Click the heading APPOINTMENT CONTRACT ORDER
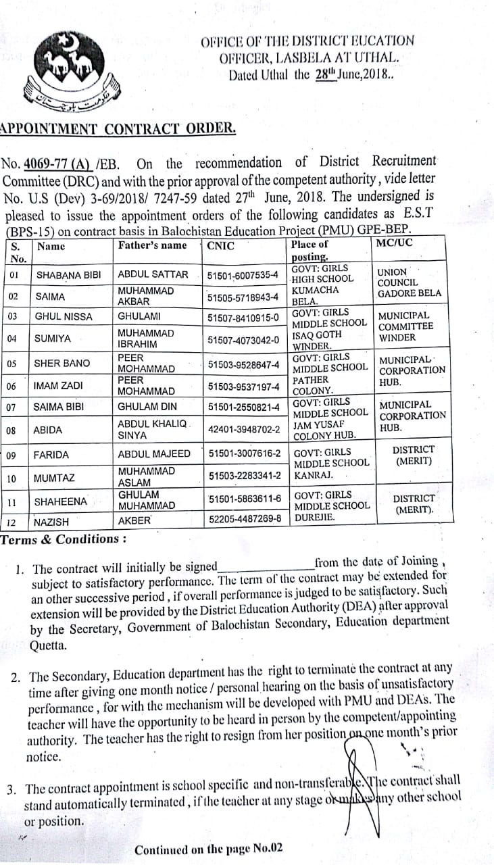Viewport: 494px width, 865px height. [118, 128]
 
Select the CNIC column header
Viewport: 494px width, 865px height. [221, 245]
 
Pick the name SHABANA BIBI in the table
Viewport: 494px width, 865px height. [68, 275]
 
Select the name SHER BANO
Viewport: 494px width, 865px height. [61, 364]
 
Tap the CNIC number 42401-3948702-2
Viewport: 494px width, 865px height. [244, 429]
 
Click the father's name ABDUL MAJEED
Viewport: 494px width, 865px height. [154, 454]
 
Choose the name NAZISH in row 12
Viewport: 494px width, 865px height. [51, 522]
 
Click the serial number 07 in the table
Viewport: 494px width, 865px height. [11, 407]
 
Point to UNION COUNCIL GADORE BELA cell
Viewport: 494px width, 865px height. [409, 283]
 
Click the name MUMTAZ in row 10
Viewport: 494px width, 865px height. [54, 478]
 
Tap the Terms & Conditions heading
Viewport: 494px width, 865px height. [64, 539]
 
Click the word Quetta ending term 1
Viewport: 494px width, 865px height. [48, 645]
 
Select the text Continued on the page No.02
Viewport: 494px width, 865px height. [209, 849]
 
